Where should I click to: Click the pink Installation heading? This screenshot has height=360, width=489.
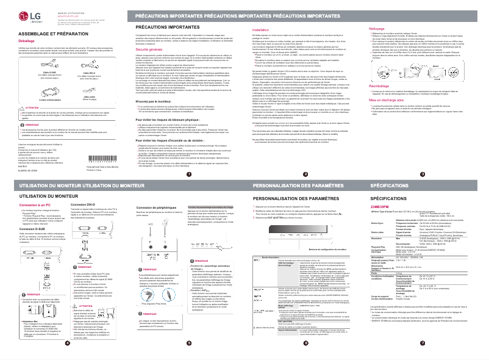[261, 29]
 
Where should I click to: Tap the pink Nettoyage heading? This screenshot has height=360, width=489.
[379, 29]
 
